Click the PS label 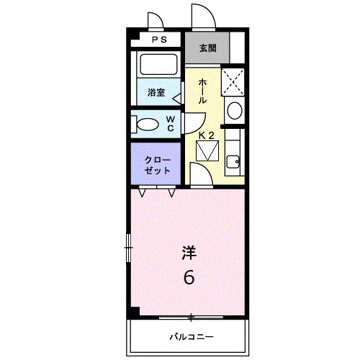click(x=159, y=40)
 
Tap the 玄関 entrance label click(x=207, y=48)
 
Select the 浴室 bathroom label click(x=156, y=92)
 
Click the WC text click(x=171, y=124)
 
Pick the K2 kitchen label click(x=207, y=135)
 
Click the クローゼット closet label click(x=157, y=165)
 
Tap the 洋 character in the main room click(x=189, y=253)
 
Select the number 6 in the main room click(x=189, y=276)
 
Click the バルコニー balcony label click(x=192, y=336)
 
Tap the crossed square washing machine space click(x=233, y=81)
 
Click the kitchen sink click(x=233, y=161)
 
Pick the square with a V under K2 click(x=208, y=151)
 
